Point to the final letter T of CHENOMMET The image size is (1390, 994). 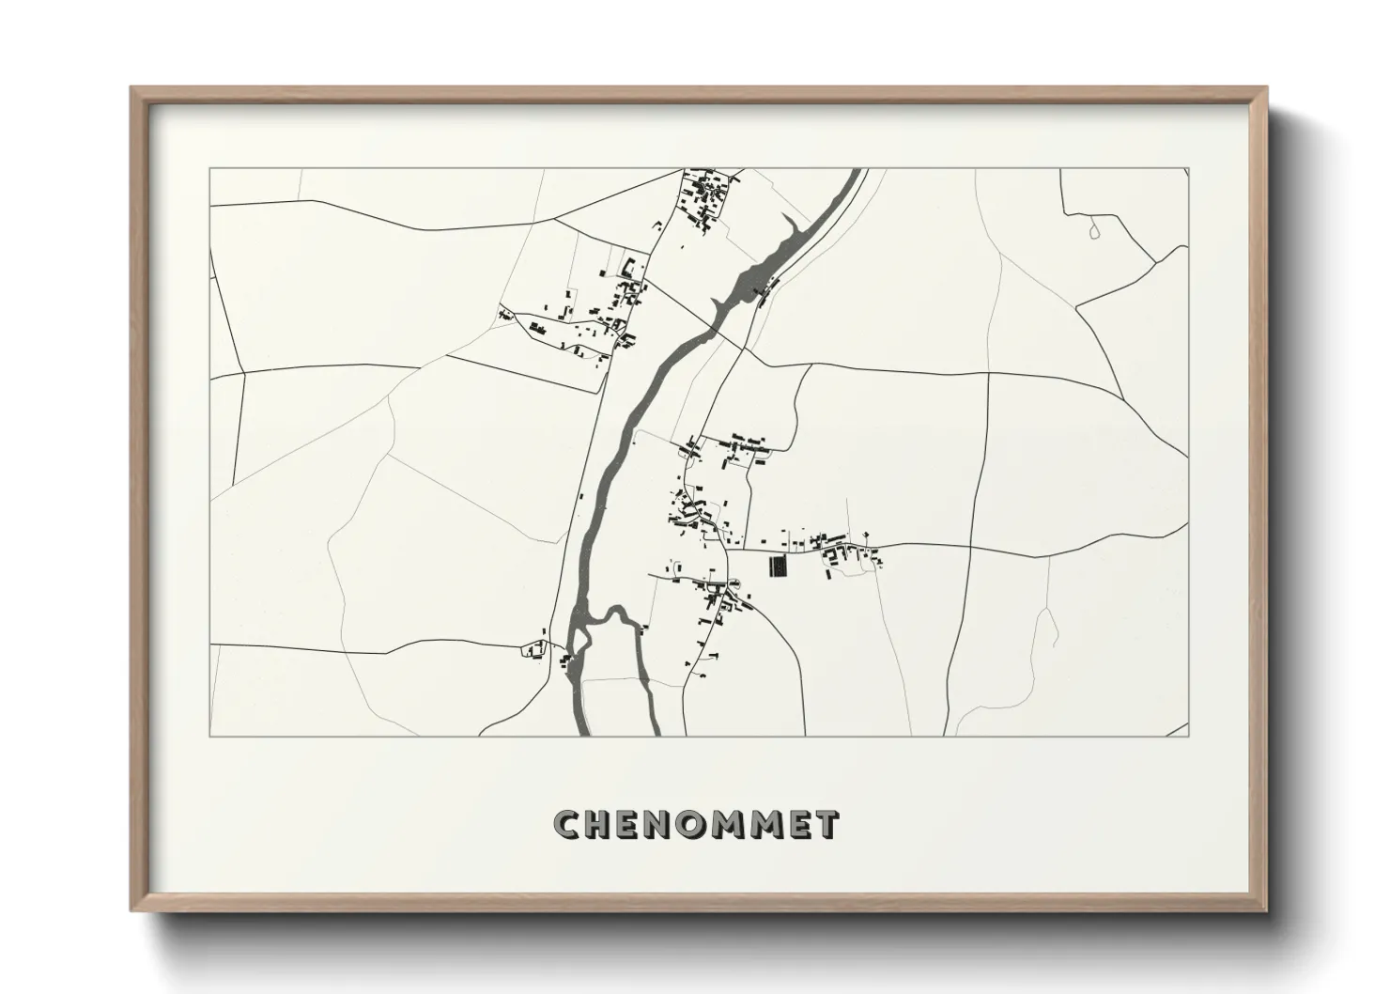(826, 824)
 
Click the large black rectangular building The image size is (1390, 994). (777, 567)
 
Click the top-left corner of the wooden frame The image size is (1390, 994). (132, 88)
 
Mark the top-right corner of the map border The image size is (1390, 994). (1188, 168)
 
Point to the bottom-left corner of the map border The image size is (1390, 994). (209, 736)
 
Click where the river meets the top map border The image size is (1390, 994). (857, 169)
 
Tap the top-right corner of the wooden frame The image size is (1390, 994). (1268, 88)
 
